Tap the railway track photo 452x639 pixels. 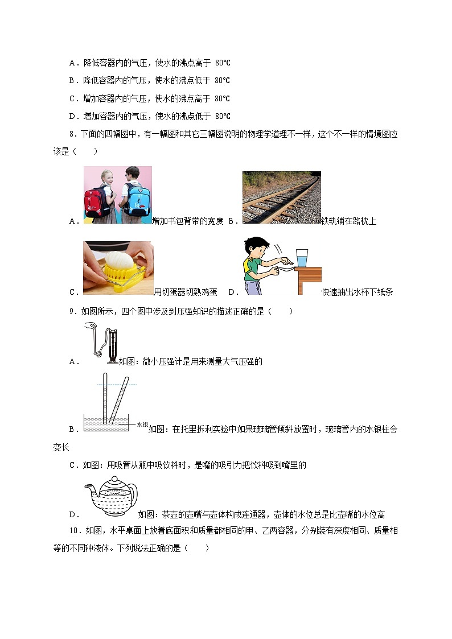point(281,197)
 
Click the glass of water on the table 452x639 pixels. point(302,258)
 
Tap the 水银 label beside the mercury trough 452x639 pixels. point(142,424)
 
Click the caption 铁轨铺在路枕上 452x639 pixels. point(348,221)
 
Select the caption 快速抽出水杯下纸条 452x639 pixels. point(357,292)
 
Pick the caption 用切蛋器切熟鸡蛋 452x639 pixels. point(186,292)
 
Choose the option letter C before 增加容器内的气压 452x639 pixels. point(72,98)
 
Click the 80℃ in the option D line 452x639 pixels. point(223,116)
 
